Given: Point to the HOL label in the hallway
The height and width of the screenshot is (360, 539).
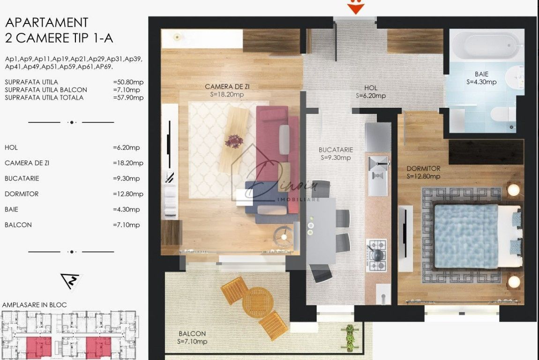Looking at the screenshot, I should pyautogui.click(x=371, y=88).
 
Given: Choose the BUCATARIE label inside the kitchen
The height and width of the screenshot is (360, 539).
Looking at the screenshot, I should pyautogui.click(x=336, y=150).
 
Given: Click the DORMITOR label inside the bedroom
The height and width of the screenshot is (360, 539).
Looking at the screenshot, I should pyautogui.click(x=423, y=168).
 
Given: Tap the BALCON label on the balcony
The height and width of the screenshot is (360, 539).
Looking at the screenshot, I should pyautogui.click(x=193, y=334).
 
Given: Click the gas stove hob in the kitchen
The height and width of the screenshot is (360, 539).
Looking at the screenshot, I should pyautogui.click(x=376, y=255).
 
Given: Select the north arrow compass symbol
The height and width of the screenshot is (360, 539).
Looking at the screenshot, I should pyautogui.click(x=71, y=281).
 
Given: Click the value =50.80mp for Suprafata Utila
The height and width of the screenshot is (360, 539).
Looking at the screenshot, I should pyautogui.click(x=128, y=82).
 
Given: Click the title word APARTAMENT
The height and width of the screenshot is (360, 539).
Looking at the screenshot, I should pyautogui.click(x=46, y=22).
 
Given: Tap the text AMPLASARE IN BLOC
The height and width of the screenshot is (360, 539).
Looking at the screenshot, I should pyautogui.click(x=34, y=305).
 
